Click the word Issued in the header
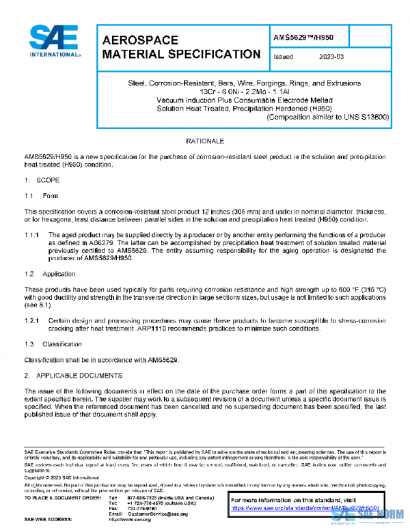pyautogui.click(x=284, y=57)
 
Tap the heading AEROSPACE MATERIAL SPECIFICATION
pyautogui.click(x=180, y=47)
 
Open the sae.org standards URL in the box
pyautogui.click(x=303, y=508)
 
